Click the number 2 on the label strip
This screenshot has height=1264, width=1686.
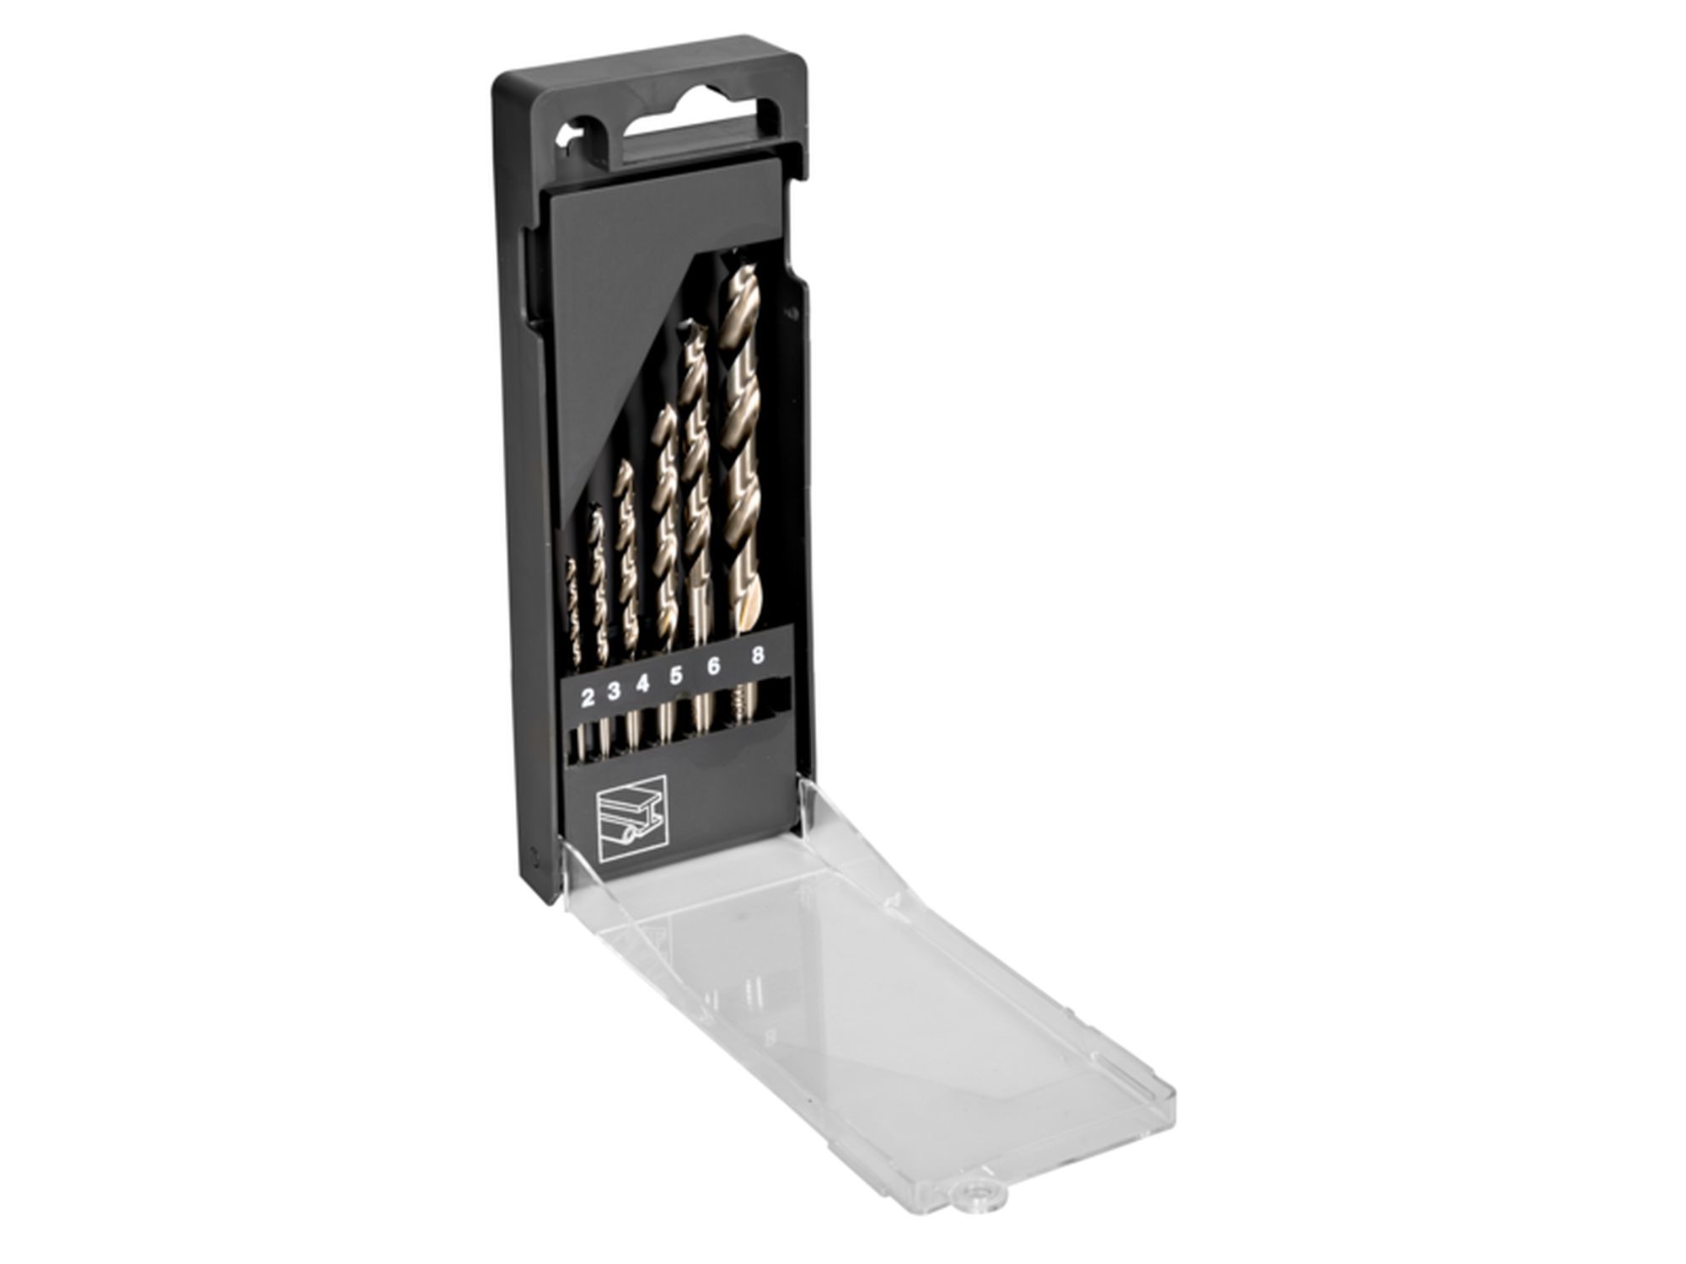[x=588, y=696]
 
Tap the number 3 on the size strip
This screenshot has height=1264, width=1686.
[x=615, y=691]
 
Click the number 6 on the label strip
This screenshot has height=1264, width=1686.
[x=713, y=667]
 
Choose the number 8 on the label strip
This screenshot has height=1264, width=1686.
[x=758, y=656]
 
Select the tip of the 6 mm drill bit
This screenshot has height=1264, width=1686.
[x=694, y=327]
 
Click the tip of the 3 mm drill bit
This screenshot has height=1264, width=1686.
[x=595, y=510]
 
